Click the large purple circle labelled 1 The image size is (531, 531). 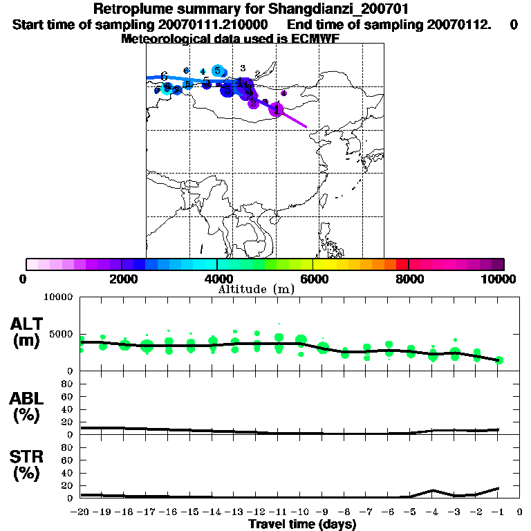276,109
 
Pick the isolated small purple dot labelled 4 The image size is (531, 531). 283,93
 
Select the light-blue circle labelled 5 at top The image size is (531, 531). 217,71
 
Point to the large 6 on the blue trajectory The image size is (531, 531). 164,76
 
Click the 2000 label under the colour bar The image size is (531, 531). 122,279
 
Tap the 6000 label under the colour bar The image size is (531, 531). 313,279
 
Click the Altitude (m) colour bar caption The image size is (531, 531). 256,289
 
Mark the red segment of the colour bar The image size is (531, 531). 402,264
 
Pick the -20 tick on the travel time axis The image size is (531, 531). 81,512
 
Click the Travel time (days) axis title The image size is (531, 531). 302,524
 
